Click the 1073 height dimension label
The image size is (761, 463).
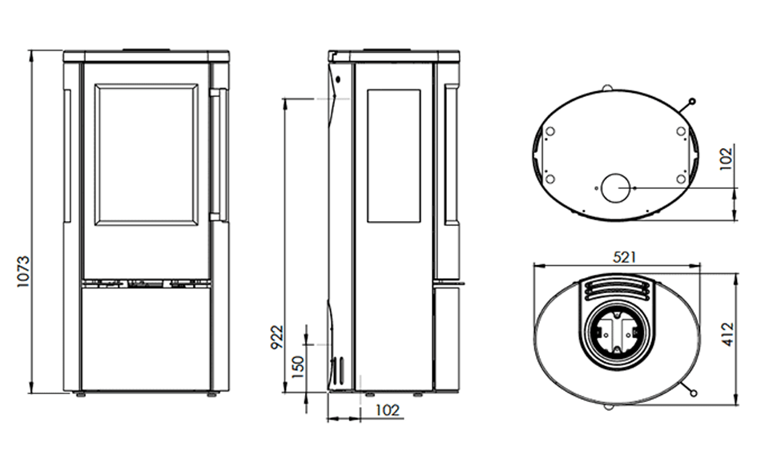23,272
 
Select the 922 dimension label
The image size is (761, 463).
276,337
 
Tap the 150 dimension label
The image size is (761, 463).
299,368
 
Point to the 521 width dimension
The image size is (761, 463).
624,257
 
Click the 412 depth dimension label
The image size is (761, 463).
728,334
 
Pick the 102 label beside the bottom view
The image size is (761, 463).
726,159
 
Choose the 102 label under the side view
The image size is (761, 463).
387,411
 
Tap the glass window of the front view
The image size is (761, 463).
146,155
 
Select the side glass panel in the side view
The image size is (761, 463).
393,155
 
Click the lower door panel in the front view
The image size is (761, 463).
146,338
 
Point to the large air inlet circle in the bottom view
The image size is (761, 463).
615,187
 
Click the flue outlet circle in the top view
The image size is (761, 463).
616,333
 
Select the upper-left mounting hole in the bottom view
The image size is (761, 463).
550,131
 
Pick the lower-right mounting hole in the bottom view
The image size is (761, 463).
681,179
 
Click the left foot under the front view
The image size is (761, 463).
81,395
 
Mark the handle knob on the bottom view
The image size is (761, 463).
692,102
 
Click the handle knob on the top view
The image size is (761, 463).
693,393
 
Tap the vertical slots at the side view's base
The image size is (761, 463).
338,370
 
